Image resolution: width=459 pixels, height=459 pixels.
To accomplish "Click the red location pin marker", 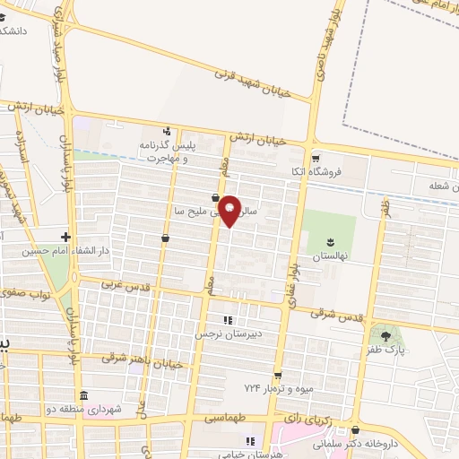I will click(x=231, y=210).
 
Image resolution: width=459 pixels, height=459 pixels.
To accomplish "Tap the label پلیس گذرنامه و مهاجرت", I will click(x=167, y=150).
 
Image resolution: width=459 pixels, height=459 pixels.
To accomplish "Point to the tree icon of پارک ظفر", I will click(x=385, y=336).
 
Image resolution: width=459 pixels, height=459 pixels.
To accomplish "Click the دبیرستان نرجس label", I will click(x=228, y=333).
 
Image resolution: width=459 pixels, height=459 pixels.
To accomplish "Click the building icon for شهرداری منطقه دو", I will click(x=83, y=396).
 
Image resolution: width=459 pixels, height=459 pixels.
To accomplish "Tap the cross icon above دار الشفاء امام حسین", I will click(x=65, y=238).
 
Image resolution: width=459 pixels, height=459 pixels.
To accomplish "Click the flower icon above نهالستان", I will click(x=330, y=242).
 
